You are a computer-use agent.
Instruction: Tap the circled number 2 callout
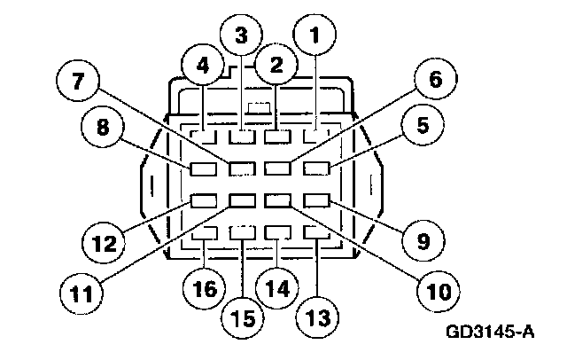pos(276,64)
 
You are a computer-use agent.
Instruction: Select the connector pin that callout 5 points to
pos(316,167)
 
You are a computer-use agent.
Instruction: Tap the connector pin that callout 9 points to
pos(316,200)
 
